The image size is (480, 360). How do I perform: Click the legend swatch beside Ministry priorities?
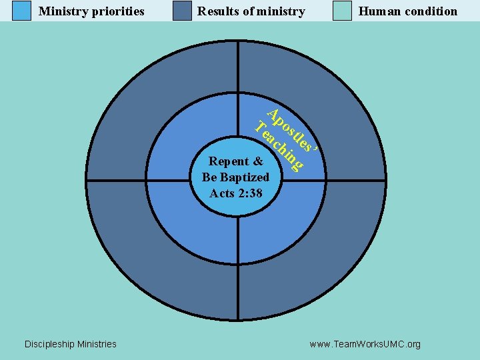pyautogui.click(x=22, y=11)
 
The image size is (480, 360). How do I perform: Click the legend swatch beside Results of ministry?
pyautogui.click(x=182, y=11)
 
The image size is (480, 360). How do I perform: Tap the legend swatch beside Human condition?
pyautogui.click(x=342, y=11)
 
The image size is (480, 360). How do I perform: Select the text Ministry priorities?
pyautogui.click(x=91, y=11)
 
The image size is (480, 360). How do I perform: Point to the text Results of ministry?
pyautogui.click(x=251, y=11)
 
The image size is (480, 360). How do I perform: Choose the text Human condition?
pyautogui.click(x=408, y=11)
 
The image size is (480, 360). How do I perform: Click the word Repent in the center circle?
pyautogui.click(x=229, y=161)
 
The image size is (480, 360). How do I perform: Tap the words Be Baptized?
pyautogui.click(x=236, y=177)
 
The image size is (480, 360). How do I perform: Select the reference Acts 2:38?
pyautogui.click(x=236, y=193)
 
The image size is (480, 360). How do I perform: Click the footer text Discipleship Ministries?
pyautogui.click(x=70, y=344)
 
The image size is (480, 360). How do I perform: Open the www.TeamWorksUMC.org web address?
pyautogui.click(x=365, y=344)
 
